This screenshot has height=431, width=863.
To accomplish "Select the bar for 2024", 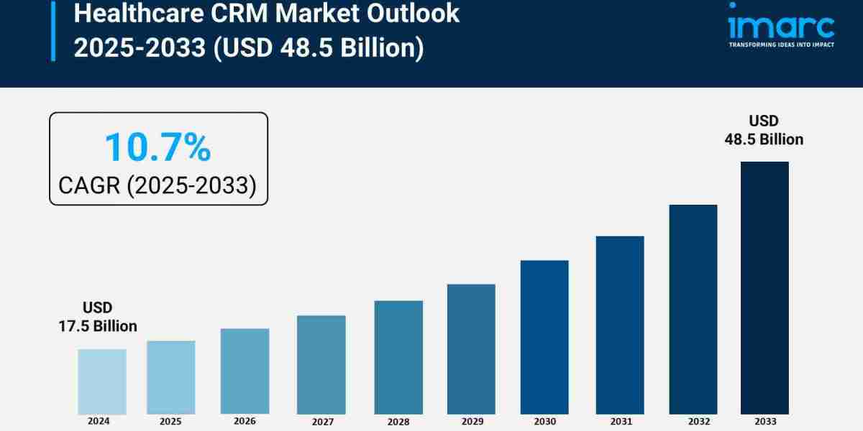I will (102, 381).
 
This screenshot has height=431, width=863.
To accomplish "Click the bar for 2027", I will (321, 364).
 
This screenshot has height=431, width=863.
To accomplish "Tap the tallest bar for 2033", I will (764, 287).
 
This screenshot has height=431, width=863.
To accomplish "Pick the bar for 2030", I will (544, 337).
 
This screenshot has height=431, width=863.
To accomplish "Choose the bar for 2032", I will (693, 309).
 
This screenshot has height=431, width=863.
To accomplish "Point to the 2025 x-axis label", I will (171, 421).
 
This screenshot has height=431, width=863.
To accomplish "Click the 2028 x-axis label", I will (398, 421).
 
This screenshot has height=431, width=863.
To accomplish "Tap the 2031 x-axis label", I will (620, 421).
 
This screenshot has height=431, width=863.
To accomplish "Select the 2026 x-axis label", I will (245, 421).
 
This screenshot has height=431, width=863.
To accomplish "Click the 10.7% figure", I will (157, 147).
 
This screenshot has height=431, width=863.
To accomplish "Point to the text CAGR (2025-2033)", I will (157, 185).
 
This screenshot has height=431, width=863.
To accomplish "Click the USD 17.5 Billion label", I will (98, 317).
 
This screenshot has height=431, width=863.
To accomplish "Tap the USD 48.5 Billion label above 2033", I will (764, 130).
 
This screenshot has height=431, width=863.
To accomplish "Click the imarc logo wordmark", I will (780, 27).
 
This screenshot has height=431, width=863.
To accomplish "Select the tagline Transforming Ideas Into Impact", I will (780, 45).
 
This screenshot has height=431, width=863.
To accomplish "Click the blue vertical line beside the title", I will (52, 30).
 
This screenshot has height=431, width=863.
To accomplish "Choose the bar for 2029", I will (471, 349).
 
